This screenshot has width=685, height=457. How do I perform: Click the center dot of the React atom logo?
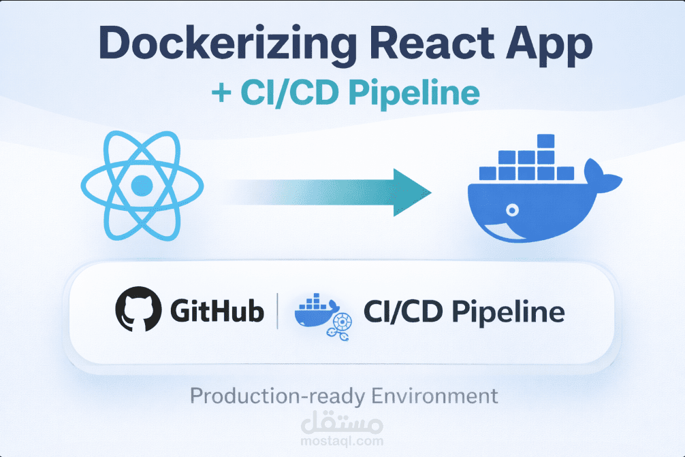point(142,185)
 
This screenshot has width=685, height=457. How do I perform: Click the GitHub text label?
point(217,313)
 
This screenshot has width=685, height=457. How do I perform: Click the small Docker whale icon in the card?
point(317,311)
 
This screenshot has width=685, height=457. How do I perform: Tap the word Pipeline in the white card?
point(509,314)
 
